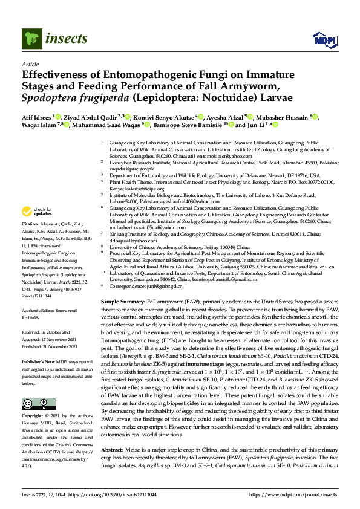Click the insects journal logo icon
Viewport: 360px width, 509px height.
pyautogui.click(x=31, y=39)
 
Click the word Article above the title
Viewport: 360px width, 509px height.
pyautogui.click(x=30, y=63)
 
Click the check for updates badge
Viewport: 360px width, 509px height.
pyautogui.click(x=36, y=212)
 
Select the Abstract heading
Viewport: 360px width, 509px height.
pyautogui.click(x=112, y=450)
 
